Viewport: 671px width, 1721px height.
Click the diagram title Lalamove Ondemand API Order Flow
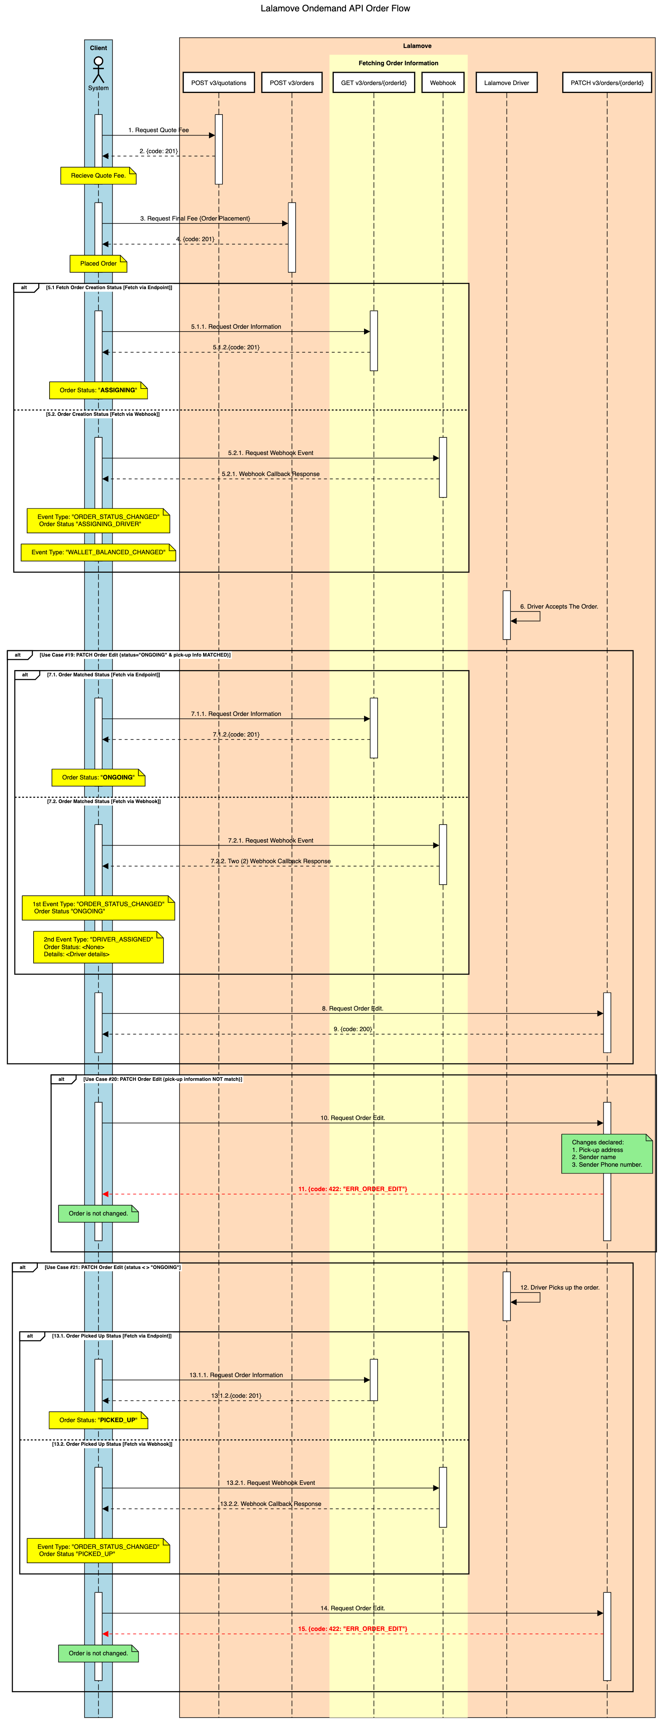point(335,9)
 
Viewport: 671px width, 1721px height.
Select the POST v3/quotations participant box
point(218,83)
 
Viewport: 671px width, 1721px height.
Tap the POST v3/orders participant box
point(292,83)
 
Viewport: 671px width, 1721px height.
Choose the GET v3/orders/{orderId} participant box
point(373,83)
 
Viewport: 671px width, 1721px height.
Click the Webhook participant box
point(443,83)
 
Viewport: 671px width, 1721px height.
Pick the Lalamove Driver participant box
point(506,83)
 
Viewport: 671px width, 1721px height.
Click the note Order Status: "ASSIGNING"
point(98,390)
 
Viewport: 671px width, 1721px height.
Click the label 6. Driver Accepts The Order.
point(559,606)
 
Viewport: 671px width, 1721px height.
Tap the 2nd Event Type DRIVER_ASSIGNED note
point(98,947)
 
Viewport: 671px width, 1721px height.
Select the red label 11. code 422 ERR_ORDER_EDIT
point(352,1189)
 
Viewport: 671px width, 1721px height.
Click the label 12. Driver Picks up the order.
point(560,1287)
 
